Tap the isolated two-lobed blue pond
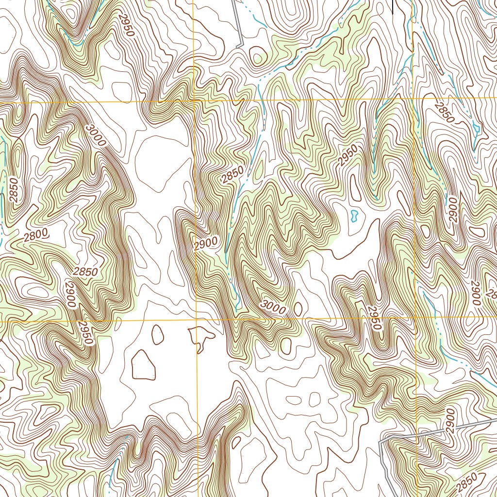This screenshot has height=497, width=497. [354, 215]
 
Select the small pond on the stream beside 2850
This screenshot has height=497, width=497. [476, 128]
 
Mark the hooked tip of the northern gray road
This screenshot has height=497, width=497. [238, 46]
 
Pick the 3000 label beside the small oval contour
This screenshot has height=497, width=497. [273, 306]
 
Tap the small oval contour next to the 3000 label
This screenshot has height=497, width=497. [298, 309]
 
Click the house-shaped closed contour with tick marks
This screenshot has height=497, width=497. [143, 364]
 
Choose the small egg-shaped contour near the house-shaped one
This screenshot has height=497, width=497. [158, 334]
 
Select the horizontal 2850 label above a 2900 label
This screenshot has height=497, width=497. [85, 271]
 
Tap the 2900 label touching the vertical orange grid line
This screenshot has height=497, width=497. [206, 243]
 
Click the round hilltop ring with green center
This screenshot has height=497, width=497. [258, 57]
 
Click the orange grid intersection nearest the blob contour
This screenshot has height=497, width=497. [197, 320]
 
